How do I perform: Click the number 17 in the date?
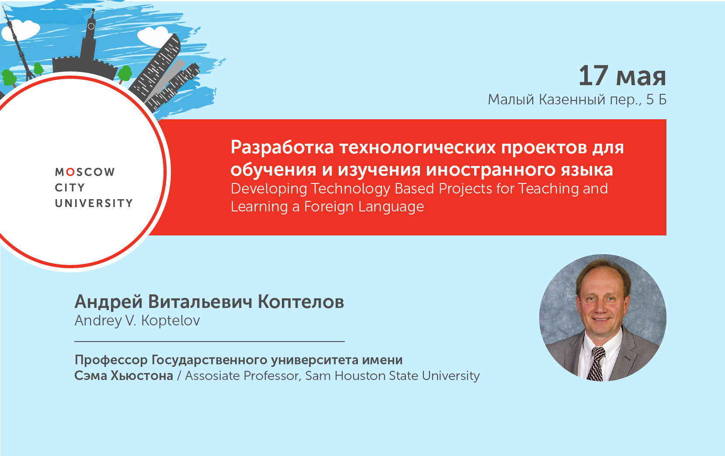click(x=593, y=76)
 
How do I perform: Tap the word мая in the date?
click(x=641, y=77)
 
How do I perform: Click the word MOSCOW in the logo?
click(x=85, y=172)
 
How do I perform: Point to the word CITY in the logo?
click(x=69, y=188)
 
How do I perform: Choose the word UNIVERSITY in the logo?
click(x=94, y=204)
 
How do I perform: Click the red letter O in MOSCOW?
click(x=70, y=172)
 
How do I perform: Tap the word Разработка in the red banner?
click(x=282, y=148)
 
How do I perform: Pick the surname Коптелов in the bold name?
click(x=301, y=302)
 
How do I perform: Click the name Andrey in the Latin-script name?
click(x=98, y=321)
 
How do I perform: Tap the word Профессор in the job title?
click(x=111, y=360)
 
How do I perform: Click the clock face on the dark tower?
click(x=91, y=26)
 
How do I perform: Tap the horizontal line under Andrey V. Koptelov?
click(x=209, y=341)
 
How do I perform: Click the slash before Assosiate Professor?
click(x=179, y=376)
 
